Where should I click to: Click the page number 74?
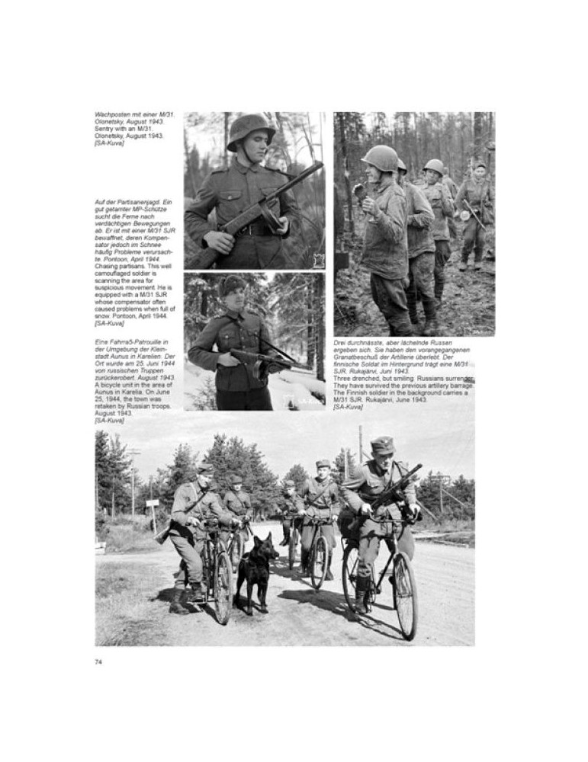tap(98, 661)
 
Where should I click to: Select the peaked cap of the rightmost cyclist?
tap(382, 444)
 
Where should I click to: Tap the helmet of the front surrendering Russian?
tap(379, 157)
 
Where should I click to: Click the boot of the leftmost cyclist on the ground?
tap(178, 607)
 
